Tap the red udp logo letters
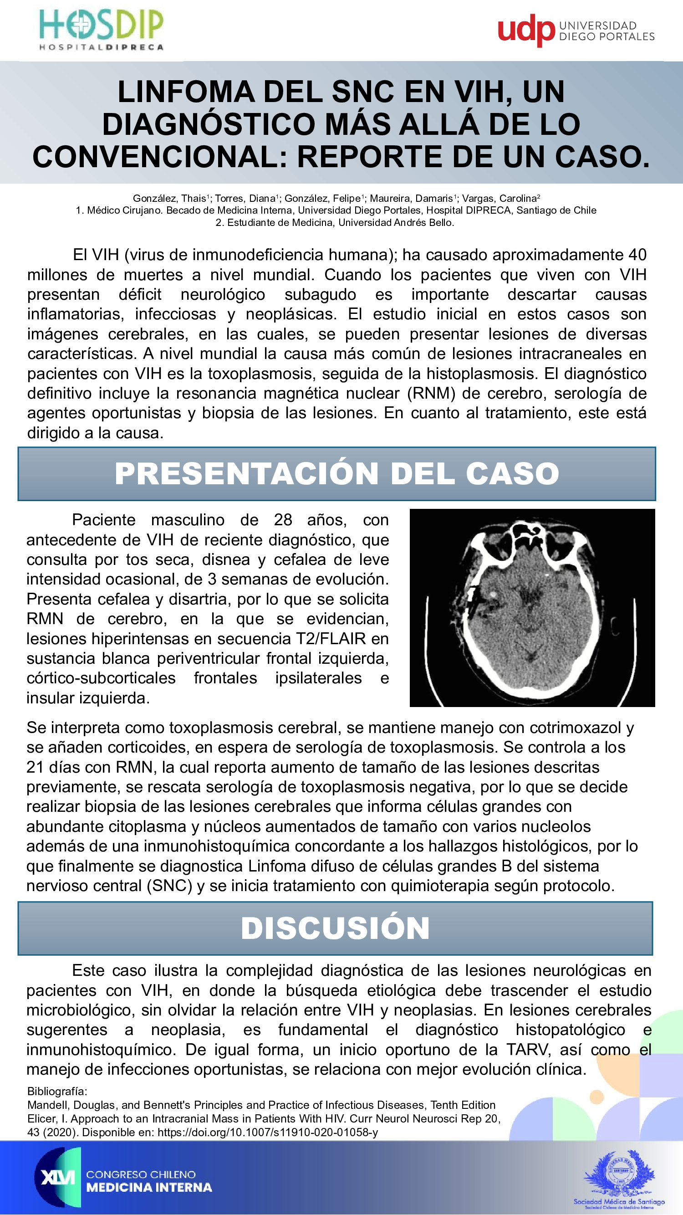[526, 30]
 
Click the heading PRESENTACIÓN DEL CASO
[336, 473]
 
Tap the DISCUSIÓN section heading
[335, 928]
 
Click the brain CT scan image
[532, 608]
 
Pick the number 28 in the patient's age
[283, 520]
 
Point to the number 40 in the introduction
[637, 255]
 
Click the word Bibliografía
[57, 1092]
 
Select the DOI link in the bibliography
[267, 1133]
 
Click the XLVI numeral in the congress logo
[57, 1178]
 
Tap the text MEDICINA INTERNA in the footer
[149, 1188]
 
